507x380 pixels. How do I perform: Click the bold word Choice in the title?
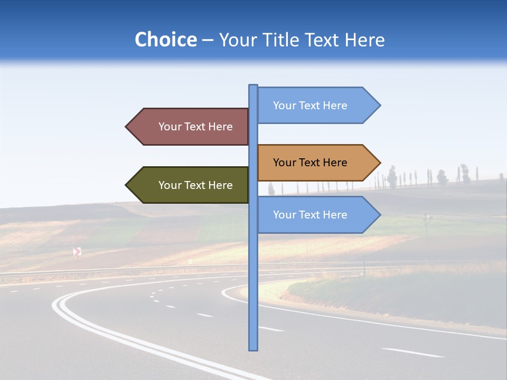coord(165,40)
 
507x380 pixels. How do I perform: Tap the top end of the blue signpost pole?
coord(253,86)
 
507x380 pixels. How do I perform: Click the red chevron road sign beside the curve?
coord(77,252)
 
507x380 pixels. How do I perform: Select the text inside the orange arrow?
coord(310,163)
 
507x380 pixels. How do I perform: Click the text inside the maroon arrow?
coord(195,127)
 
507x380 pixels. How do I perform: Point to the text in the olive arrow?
coord(195,185)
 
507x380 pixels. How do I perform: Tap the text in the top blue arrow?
coord(310,106)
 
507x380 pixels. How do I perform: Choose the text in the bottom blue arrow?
coord(310,215)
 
